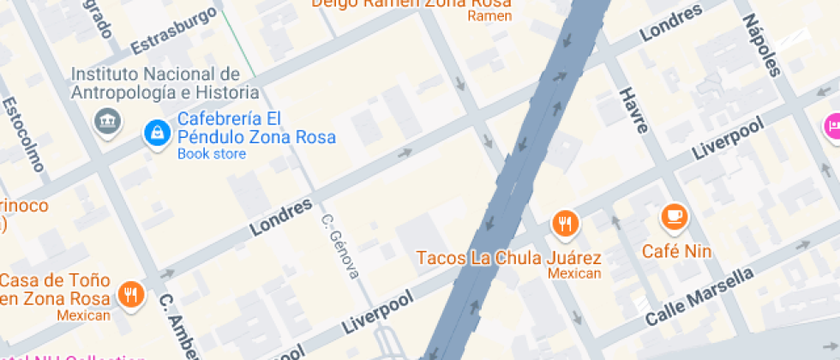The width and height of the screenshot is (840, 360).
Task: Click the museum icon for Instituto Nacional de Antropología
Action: coord(107,122)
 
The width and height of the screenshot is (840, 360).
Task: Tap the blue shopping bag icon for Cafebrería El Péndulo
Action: coord(158,132)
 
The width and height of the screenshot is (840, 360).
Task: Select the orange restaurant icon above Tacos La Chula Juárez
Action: coord(564,225)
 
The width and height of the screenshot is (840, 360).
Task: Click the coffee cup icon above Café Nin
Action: coord(675,216)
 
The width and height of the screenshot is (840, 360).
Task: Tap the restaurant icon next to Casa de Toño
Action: coord(131,293)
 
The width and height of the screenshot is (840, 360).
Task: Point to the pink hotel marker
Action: coord(831,127)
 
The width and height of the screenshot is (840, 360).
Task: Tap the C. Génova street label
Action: coord(340,247)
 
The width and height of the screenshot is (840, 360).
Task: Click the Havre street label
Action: coord(633,109)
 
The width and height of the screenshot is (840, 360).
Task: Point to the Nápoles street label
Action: coord(760,45)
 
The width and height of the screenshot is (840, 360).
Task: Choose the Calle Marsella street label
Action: coord(699,297)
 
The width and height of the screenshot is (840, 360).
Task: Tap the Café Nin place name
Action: coord(677,251)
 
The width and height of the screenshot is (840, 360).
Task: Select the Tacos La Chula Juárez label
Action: coord(508,257)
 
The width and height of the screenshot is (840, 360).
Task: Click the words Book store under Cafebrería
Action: coord(211,154)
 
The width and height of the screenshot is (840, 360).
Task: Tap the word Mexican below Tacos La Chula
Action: coord(574,274)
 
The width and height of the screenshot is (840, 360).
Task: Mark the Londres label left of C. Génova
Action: coord(280,218)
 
